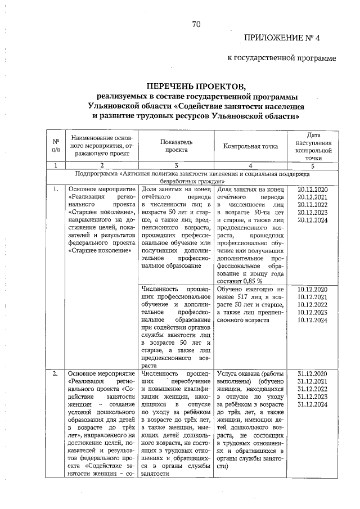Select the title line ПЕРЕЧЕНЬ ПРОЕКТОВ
click(196, 86)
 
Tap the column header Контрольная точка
click(251, 147)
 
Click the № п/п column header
click(56, 147)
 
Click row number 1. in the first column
click(55, 190)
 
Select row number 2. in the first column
click(55, 373)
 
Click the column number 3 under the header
click(176, 166)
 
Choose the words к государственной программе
click(282, 57)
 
